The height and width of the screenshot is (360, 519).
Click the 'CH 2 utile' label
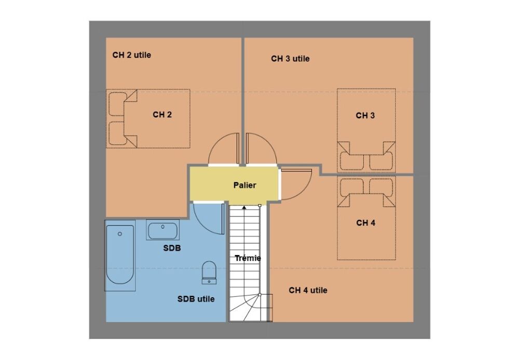click(x=132, y=55)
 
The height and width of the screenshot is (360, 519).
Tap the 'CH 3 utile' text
click(x=290, y=59)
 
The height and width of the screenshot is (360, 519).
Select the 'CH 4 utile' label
click(x=308, y=290)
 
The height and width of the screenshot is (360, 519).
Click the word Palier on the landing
click(x=244, y=185)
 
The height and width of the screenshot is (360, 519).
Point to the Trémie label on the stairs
click(x=248, y=258)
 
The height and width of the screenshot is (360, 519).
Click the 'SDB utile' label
click(x=196, y=299)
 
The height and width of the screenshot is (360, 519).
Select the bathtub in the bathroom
click(x=120, y=256)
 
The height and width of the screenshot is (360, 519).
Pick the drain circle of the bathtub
click(x=120, y=234)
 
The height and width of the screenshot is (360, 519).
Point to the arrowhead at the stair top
click(x=244, y=207)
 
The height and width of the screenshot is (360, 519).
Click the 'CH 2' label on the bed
click(x=162, y=115)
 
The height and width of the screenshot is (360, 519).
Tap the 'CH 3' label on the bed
click(x=365, y=115)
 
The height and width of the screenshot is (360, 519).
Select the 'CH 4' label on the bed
click(x=366, y=223)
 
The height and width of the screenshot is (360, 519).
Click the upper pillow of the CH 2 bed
click(x=117, y=104)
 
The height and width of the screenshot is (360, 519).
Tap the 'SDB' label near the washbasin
click(x=172, y=248)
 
